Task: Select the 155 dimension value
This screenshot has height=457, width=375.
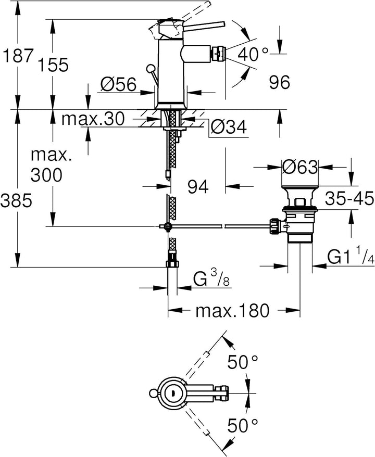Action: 53,65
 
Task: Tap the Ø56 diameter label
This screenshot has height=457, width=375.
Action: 118,84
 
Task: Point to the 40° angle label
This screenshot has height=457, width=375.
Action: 253,54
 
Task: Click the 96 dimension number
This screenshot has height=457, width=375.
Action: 279,82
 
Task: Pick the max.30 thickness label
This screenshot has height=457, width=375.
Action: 93,119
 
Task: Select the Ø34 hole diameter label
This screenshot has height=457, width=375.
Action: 229,126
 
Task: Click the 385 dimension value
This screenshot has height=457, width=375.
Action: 16,201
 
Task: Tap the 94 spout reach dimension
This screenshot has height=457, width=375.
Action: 198,186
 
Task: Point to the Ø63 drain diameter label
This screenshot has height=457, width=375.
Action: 300,167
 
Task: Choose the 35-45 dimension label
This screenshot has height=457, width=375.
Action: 349,198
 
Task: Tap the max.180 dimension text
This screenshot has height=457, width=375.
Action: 232,311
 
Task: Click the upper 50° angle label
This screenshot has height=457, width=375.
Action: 243,362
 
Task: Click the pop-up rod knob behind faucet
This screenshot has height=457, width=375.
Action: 151,69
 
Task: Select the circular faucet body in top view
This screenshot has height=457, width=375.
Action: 172,393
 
